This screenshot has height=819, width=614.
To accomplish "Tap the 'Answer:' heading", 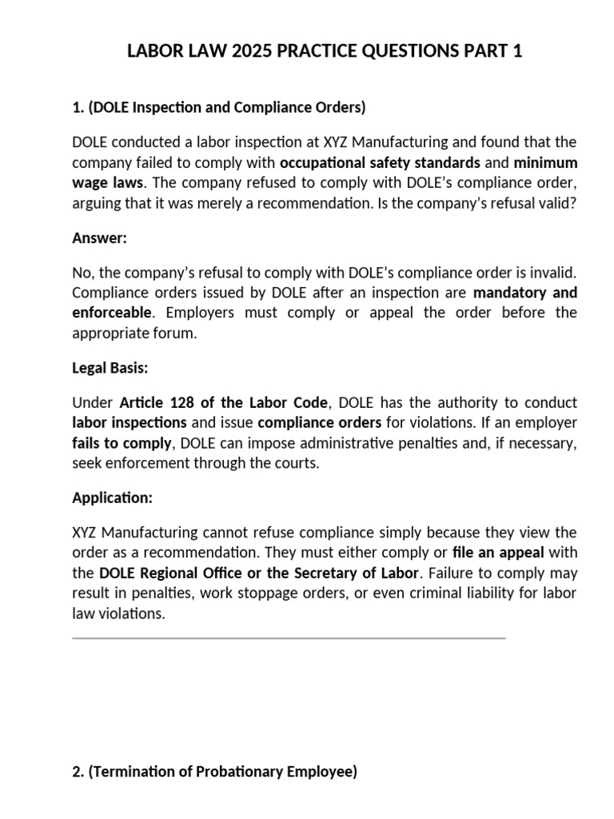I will tap(100, 238).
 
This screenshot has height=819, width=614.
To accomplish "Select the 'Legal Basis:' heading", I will tap(110, 368).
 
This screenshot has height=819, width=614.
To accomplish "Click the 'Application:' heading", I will tap(112, 497).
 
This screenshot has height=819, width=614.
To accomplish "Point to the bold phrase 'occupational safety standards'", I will tap(381, 162).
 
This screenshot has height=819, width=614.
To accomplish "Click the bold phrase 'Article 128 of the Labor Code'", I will tap(223, 402).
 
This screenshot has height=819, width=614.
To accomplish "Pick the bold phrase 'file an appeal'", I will tap(500, 553).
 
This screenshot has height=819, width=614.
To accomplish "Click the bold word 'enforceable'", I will tap(111, 312).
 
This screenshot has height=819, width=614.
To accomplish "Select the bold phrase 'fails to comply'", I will tap(122, 442).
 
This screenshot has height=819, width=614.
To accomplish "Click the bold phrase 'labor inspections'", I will tap(130, 422).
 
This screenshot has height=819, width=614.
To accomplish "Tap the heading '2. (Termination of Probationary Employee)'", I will tap(214, 772).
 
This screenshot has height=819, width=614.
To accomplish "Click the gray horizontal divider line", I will tap(289, 638).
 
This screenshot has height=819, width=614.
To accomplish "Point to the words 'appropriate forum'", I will tap(133, 333).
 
